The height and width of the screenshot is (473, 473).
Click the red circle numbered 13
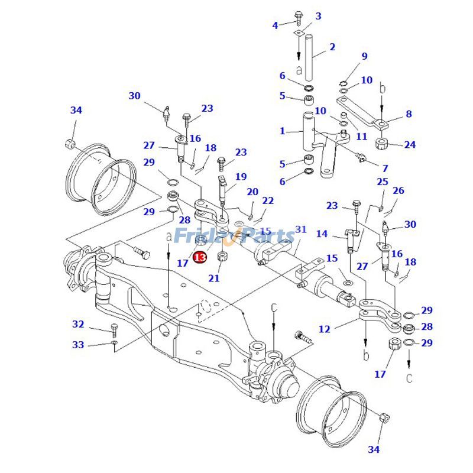(x=200, y=258)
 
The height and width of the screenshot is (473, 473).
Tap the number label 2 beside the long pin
(x=332, y=47)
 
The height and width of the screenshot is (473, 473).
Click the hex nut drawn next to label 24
(x=380, y=144)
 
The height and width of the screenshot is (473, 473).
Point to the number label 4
(x=275, y=25)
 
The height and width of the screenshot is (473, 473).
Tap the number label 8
(x=409, y=114)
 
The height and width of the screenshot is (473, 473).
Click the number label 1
(x=283, y=131)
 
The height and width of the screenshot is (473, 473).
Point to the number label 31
(x=301, y=229)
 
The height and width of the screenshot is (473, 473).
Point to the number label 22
(x=268, y=201)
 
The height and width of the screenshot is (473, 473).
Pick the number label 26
(x=399, y=190)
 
